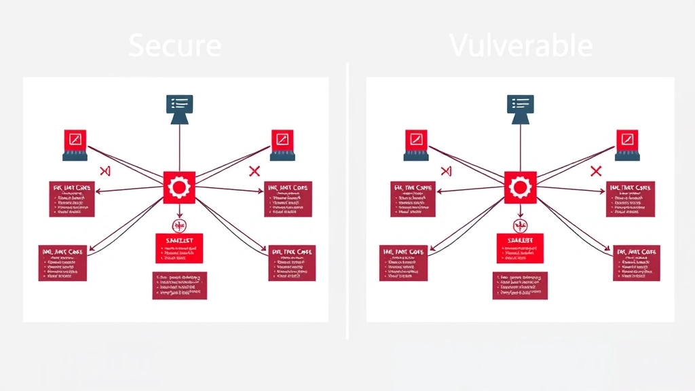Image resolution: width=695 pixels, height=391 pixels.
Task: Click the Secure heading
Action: tap(174, 46)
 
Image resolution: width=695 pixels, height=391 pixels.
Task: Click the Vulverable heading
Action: tap(521, 46)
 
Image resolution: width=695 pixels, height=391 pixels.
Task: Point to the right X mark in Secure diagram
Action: tap(255, 170)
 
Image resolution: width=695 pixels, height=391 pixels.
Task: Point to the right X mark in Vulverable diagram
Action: tap(597, 170)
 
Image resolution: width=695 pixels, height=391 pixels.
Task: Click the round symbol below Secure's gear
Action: tap(179, 225)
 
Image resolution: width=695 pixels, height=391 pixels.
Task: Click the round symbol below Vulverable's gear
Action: tap(521, 225)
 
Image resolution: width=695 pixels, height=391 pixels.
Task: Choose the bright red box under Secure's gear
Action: tap(179, 248)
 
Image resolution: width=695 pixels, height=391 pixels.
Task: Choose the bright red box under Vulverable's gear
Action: tap(521, 248)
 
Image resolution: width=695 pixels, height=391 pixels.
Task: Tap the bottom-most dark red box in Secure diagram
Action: tap(179, 286)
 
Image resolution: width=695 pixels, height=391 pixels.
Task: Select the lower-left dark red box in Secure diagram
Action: tap(63, 263)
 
